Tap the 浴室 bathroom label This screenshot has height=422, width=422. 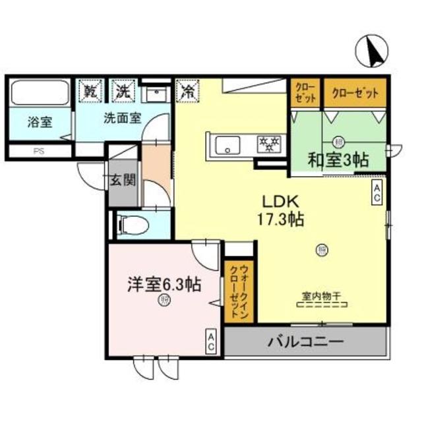coord(40,123)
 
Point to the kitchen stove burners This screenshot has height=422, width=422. coord(268,142)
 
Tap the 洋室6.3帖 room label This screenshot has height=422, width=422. coord(164,285)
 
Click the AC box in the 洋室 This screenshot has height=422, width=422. coord(212,341)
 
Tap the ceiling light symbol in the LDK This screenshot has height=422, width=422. coord(322,249)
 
